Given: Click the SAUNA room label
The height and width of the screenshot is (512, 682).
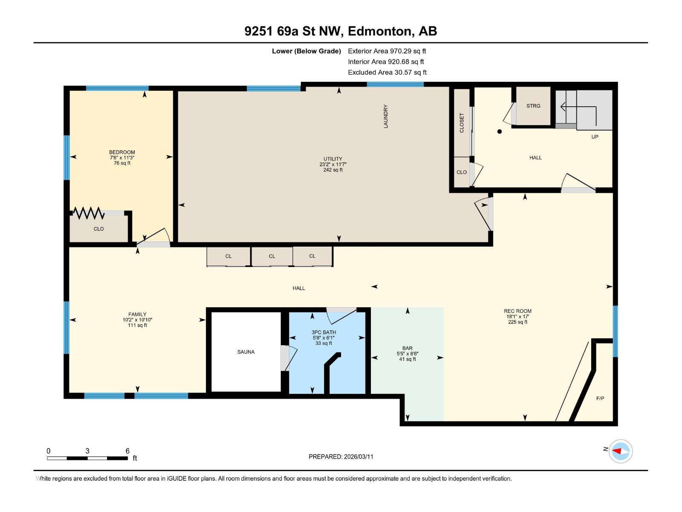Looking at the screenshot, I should point(246,352).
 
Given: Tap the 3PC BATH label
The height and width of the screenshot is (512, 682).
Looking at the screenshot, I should point(324,332).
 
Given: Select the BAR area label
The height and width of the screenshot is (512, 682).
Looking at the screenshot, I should point(407,348).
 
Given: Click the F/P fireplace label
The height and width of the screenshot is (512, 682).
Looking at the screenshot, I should point(600,399).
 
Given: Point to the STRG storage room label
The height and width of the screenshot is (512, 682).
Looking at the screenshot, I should point(533,106).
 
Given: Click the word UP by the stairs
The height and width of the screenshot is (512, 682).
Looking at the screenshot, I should point(595,137).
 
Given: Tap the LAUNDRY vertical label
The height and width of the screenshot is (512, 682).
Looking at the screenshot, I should point(386,116).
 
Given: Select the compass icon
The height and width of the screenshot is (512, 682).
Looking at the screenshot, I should point(620,451).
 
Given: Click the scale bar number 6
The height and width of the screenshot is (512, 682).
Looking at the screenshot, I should point(127,451).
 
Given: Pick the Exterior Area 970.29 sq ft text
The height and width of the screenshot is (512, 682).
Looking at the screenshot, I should point(387,51).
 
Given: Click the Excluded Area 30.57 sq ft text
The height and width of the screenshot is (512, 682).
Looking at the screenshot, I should point(387,73).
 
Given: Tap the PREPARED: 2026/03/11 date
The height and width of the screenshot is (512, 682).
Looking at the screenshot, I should point(341,457).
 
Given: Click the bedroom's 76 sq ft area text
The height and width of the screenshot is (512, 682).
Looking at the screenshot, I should point(122,163).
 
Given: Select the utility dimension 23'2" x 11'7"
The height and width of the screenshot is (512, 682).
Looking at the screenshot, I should point(333,164).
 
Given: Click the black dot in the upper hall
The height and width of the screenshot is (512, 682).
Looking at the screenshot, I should point(500,131).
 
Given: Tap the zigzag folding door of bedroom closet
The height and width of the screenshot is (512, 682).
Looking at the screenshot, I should point(88,212).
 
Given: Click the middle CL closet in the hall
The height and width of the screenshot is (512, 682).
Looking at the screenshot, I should point(272,256).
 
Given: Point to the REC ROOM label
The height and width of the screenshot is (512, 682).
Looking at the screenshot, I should point(517,311).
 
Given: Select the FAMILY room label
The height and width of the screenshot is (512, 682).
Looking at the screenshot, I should point(137,314).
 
